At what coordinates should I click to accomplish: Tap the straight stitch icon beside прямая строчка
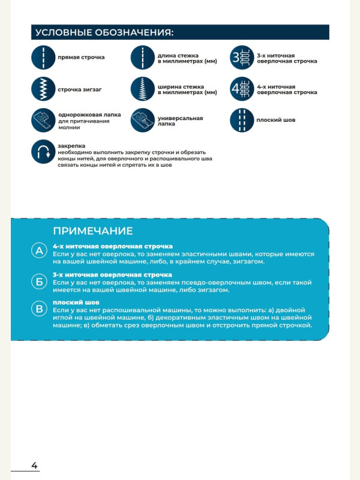tap(43, 58)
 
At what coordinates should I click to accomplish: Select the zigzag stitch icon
tap(43, 89)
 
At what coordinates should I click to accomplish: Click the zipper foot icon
tap(43, 120)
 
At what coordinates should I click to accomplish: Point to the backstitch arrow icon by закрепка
tap(43, 152)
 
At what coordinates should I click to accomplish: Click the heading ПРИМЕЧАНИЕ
tap(93, 231)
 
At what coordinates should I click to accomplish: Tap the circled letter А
tap(40, 251)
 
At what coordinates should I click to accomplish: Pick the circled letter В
tap(40, 309)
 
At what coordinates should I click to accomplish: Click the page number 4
tap(34, 465)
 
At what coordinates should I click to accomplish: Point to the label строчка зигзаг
tap(79, 89)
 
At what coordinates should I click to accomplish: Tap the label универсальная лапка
tap(180, 121)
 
